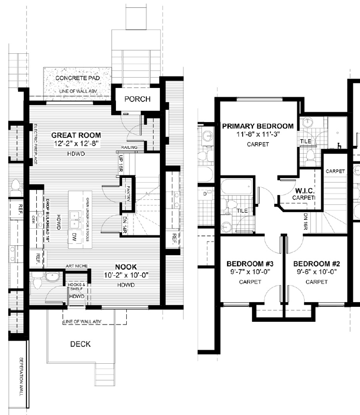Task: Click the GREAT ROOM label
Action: tap(75, 135)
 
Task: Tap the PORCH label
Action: tap(137, 99)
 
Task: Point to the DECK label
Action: tap(80, 344)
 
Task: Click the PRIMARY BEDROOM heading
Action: tap(257, 126)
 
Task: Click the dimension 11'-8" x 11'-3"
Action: tap(258, 135)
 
